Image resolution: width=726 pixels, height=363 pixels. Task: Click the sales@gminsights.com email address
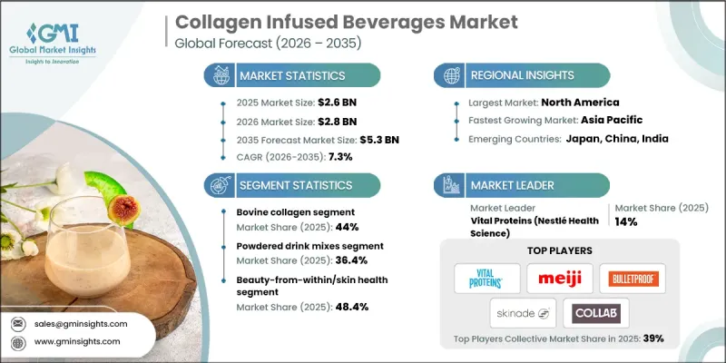pos(82,323)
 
